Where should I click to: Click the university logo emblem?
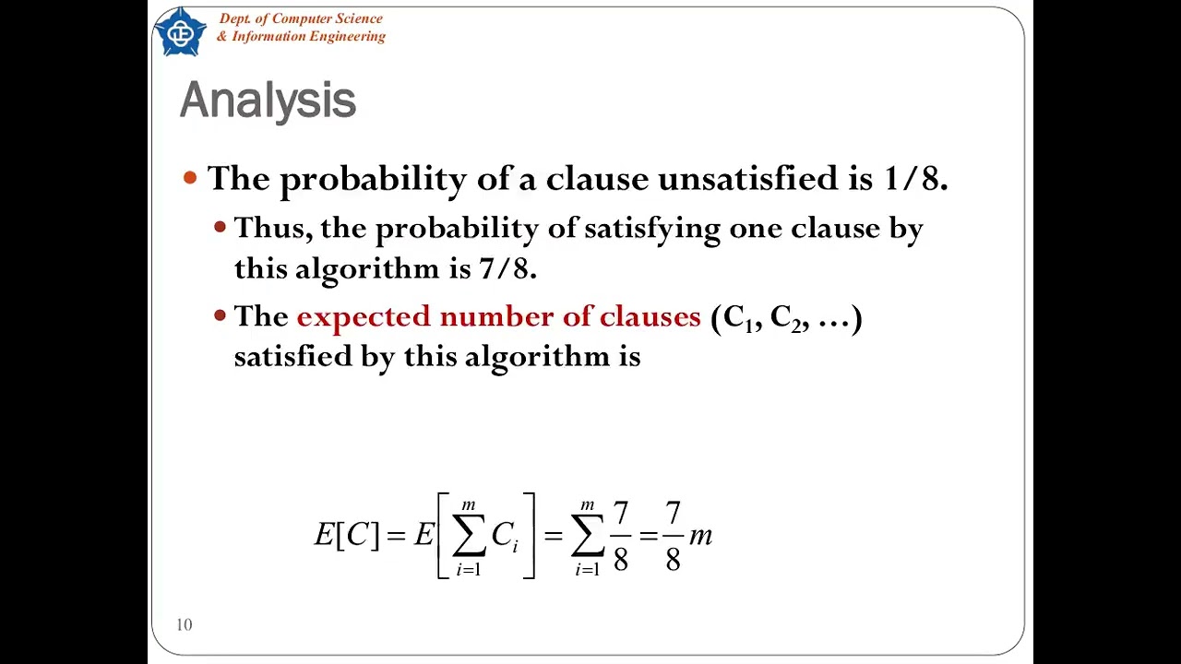pyautogui.click(x=181, y=32)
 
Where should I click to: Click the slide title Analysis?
pyautogui.click(x=268, y=101)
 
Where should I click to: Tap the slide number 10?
pyautogui.click(x=185, y=625)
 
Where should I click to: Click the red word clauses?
pyautogui.click(x=650, y=317)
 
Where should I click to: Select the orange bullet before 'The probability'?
pyautogui.click(x=190, y=177)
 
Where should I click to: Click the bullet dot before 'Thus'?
pyautogui.click(x=220, y=227)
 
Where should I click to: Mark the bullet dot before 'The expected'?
pyautogui.click(x=220, y=315)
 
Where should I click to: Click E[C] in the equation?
pyautogui.click(x=346, y=535)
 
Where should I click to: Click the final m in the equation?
pyautogui.click(x=700, y=536)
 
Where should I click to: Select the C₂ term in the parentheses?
pyautogui.click(x=784, y=318)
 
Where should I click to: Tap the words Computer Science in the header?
pyautogui.click(x=327, y=18)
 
